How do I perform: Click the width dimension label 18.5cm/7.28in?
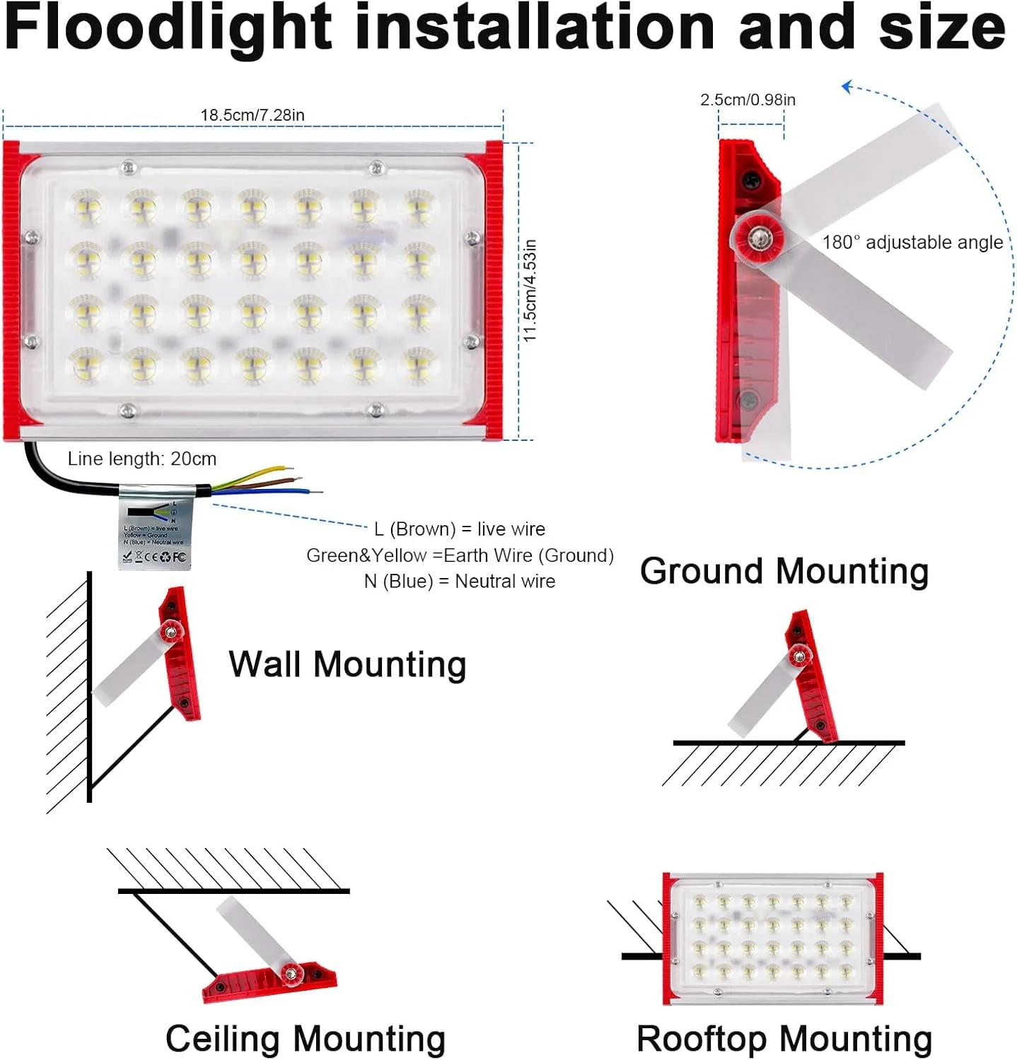tap(252, 115)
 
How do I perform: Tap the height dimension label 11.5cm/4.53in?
tap(530, 290)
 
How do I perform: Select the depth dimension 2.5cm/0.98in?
tap(748, 100)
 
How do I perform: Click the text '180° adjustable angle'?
tap(912, 243)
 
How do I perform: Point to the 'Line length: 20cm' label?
tap(142, 459)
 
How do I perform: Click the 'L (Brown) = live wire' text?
tap(460, 529)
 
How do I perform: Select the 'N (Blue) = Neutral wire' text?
tap(460, 582)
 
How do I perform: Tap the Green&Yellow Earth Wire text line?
tap(460, 555)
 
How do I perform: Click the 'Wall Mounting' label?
tap(347, 665)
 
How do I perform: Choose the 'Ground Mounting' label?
tap(784, 571)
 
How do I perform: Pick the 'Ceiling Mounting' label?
tap(306, 1039)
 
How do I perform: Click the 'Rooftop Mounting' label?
tap(784, 1039)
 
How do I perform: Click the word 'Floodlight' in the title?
tap(168, 28)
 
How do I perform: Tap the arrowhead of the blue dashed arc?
tap(847, 88)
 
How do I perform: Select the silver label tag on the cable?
tap(154, 529)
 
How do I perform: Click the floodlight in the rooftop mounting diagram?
tap(772, 938)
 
